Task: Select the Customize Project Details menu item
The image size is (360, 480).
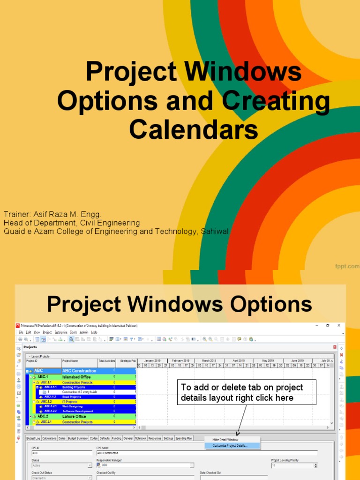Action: (230, 445)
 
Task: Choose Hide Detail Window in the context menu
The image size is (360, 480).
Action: (225, 440)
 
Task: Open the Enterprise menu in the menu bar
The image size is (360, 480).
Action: (61, 332)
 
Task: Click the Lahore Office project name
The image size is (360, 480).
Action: (75, 416)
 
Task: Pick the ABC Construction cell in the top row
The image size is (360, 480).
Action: (79, 371)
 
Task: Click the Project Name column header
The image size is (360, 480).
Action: (71, 361)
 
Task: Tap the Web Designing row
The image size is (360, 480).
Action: (72, 406)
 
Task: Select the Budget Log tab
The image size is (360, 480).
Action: (33, 438)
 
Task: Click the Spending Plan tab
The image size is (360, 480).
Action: (184, 438)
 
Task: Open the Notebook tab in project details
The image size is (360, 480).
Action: (141, 438)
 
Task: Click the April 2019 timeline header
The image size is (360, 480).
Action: (239, 361)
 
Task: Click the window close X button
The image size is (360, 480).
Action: (341, 325)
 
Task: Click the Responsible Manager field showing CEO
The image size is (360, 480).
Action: (145, 465)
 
